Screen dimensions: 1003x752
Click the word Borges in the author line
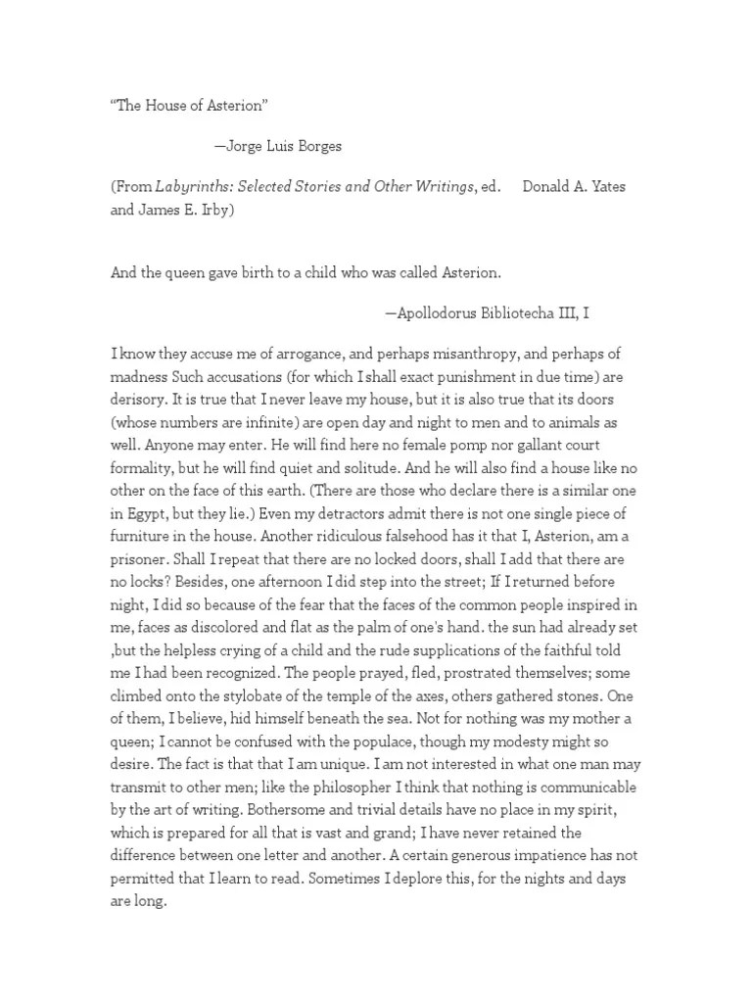click(317, 146)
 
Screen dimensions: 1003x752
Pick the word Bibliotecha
click(521, 313)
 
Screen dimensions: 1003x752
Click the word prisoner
click(143, 564)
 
